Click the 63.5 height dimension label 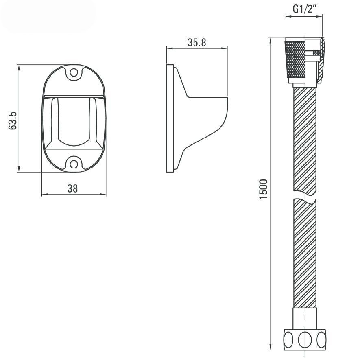click(x=13, y=121)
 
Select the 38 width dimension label click(x=73, y=188)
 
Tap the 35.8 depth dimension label click(x=196, y=43)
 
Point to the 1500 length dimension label click(x=263, y=189)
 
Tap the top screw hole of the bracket click(x=74, y=73)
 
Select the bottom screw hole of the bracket click(x=74, y=164)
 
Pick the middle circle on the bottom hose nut click(x=305, y=340)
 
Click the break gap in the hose click(x=305, y=195)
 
